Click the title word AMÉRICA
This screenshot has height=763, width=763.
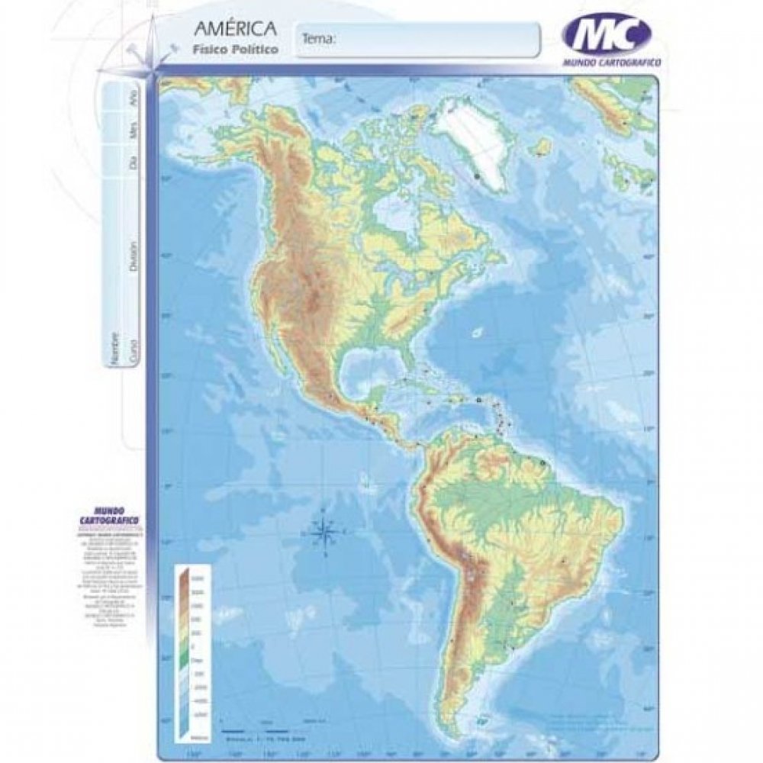point(235,31)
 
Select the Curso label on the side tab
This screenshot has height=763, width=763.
point(134,349)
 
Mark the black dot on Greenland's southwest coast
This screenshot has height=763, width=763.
point(478,175)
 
